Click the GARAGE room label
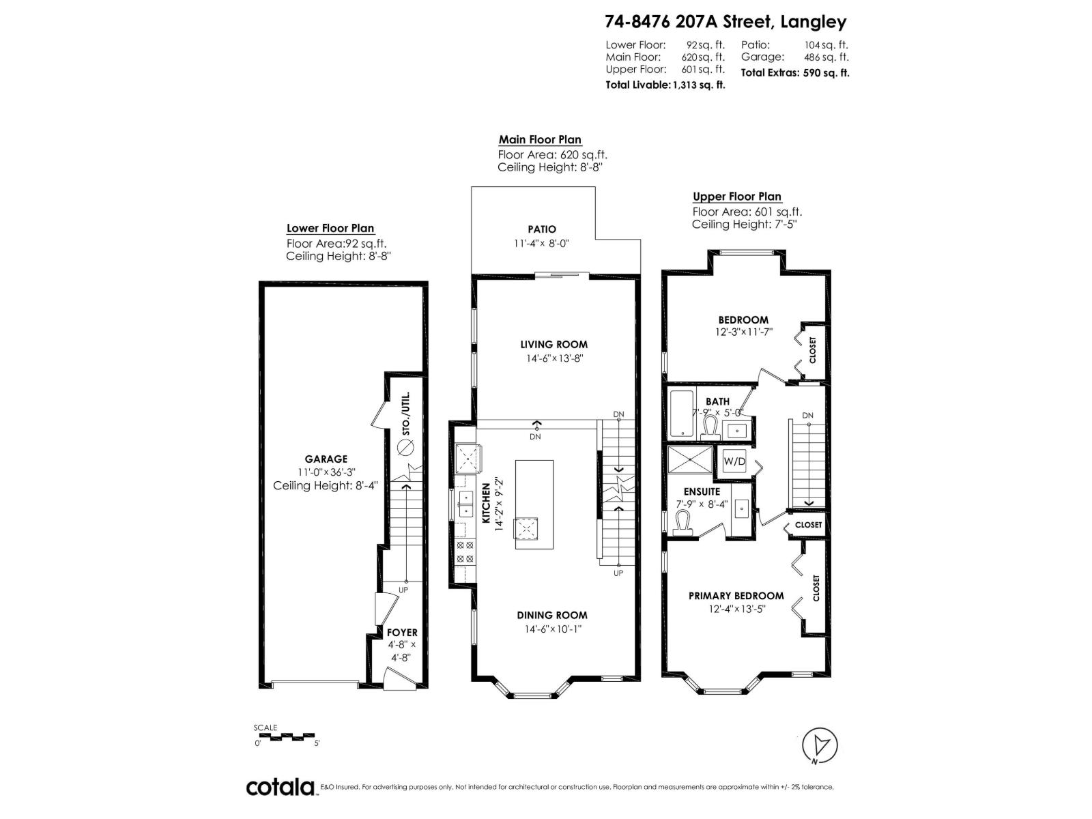pos(326,459)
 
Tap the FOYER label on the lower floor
pos(402,633)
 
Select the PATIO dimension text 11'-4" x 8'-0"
pos(541,243)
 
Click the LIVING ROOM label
pos(554,345)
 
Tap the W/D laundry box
pos(734,461)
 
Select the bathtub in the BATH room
pos(681,414)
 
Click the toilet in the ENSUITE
pos(683,524)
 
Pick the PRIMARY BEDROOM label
pos(736,596)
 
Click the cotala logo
pos(281,787)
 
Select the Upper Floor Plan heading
pos(736,197)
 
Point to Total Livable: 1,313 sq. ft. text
pos(665,85)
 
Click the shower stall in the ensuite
pos(688,459)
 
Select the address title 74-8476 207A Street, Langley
pos(725,22)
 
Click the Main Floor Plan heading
pos(539,140)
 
